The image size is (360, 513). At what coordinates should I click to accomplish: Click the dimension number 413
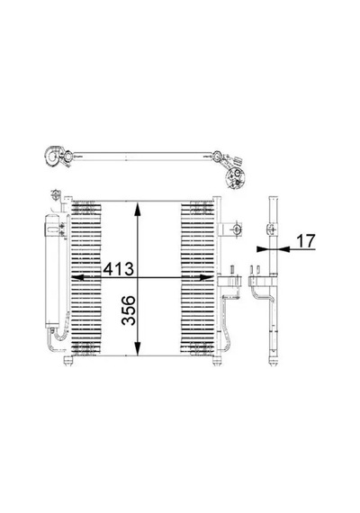coord(119,269)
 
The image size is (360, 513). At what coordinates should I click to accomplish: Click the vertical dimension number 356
coord(129,310)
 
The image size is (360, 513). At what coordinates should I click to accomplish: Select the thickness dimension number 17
coord(306,241)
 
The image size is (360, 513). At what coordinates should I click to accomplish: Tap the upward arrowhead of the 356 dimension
coord(138,209)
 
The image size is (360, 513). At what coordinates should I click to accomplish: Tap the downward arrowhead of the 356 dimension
coord(138,348)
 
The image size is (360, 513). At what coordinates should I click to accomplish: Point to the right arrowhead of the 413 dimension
coord(206,278)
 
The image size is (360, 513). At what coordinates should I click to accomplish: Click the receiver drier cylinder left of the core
coord(52,271)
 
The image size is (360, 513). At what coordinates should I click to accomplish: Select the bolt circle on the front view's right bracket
coord(237,229)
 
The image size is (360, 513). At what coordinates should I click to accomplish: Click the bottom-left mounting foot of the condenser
coord(67,360)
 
